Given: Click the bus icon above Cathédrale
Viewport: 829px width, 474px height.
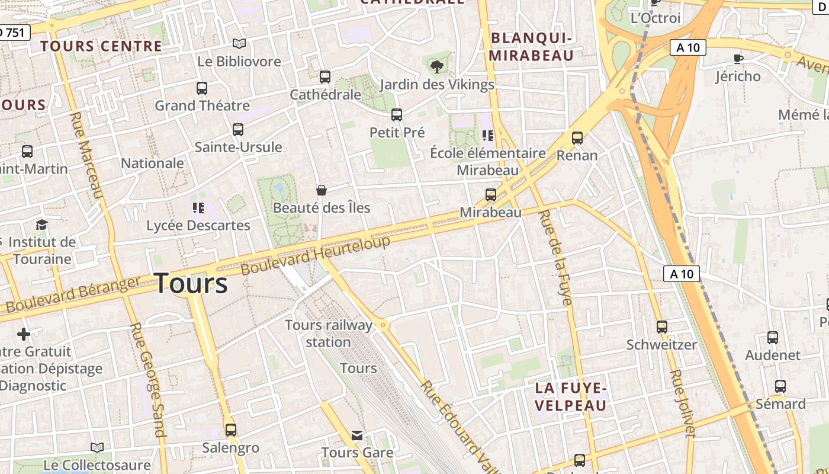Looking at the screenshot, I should point(324,77).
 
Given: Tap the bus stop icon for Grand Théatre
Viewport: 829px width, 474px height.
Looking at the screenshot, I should point(202,88).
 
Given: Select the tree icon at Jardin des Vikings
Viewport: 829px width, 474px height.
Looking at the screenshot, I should point(437,67).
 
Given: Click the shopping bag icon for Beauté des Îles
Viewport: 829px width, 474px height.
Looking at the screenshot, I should point(322,190).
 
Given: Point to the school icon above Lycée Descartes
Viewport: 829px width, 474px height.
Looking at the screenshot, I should point(198,208).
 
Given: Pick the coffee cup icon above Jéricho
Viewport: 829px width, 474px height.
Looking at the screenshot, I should point(738,59).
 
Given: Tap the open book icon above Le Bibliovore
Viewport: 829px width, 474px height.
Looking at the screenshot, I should point(239,44).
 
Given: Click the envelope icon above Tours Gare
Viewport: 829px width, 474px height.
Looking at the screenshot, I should point(357,435).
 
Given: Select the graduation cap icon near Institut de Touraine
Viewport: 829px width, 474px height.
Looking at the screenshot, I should point(41,225).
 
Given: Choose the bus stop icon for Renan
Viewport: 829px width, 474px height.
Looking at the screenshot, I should point(577,138).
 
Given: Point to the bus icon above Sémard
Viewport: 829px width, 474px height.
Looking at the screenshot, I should point(780,386).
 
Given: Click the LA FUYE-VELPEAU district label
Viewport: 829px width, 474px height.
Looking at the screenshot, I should point(571,396).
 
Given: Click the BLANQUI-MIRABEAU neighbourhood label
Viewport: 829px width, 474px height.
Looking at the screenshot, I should point(532,47).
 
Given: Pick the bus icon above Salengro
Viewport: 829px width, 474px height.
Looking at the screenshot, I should point(231,430).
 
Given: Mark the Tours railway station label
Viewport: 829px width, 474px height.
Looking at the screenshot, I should point(329,334).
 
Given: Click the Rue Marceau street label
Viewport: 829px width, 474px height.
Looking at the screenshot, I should point(87,155).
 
